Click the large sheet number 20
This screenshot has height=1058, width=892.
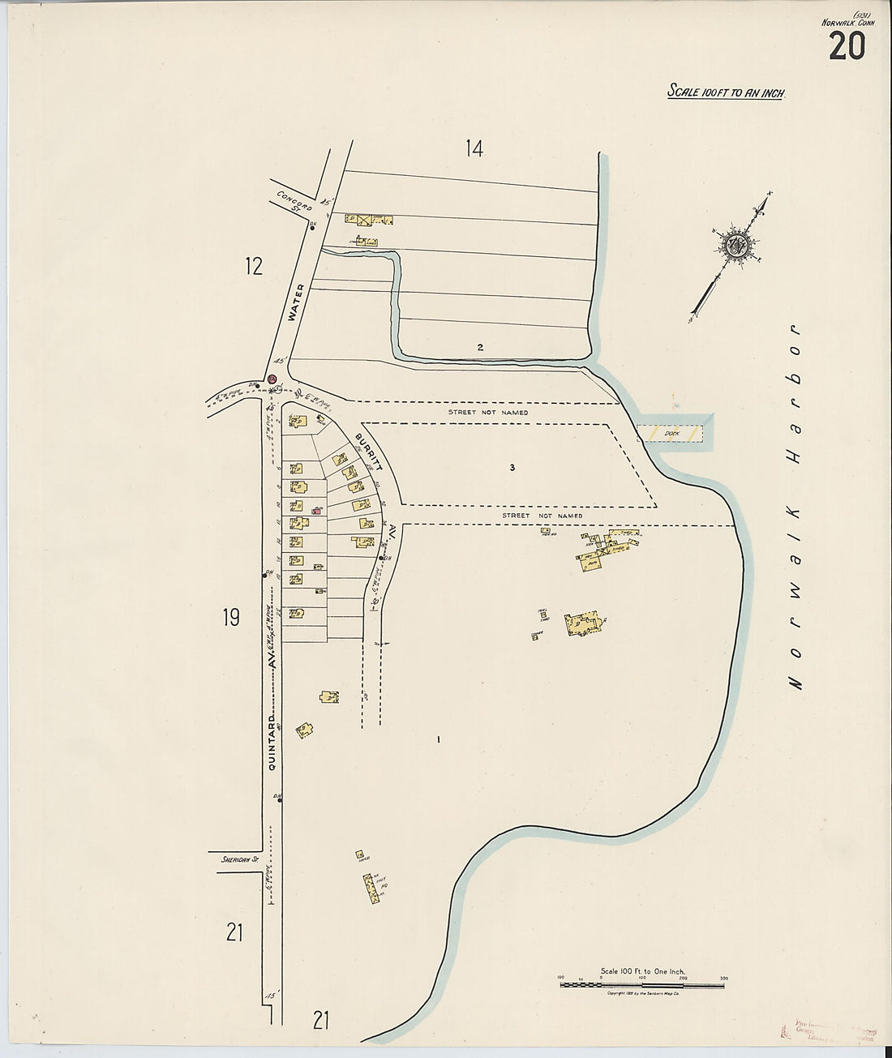(x=847, y=46)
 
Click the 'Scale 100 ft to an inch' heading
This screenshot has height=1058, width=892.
(x=727, y=92)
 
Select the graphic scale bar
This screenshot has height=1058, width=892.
(x=642, y=984)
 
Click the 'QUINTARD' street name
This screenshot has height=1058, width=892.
(x=272, y=742)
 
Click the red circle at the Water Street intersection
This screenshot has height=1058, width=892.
(x=272, y=379)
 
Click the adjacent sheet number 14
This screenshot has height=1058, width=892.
(x=474, y=148)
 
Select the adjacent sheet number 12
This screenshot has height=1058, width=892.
(x=254, y=265)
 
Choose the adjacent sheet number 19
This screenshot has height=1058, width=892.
(x=231, y=618)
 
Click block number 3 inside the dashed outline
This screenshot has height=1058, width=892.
(x=512, y=467)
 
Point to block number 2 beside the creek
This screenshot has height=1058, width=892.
(x=480, y=347)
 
